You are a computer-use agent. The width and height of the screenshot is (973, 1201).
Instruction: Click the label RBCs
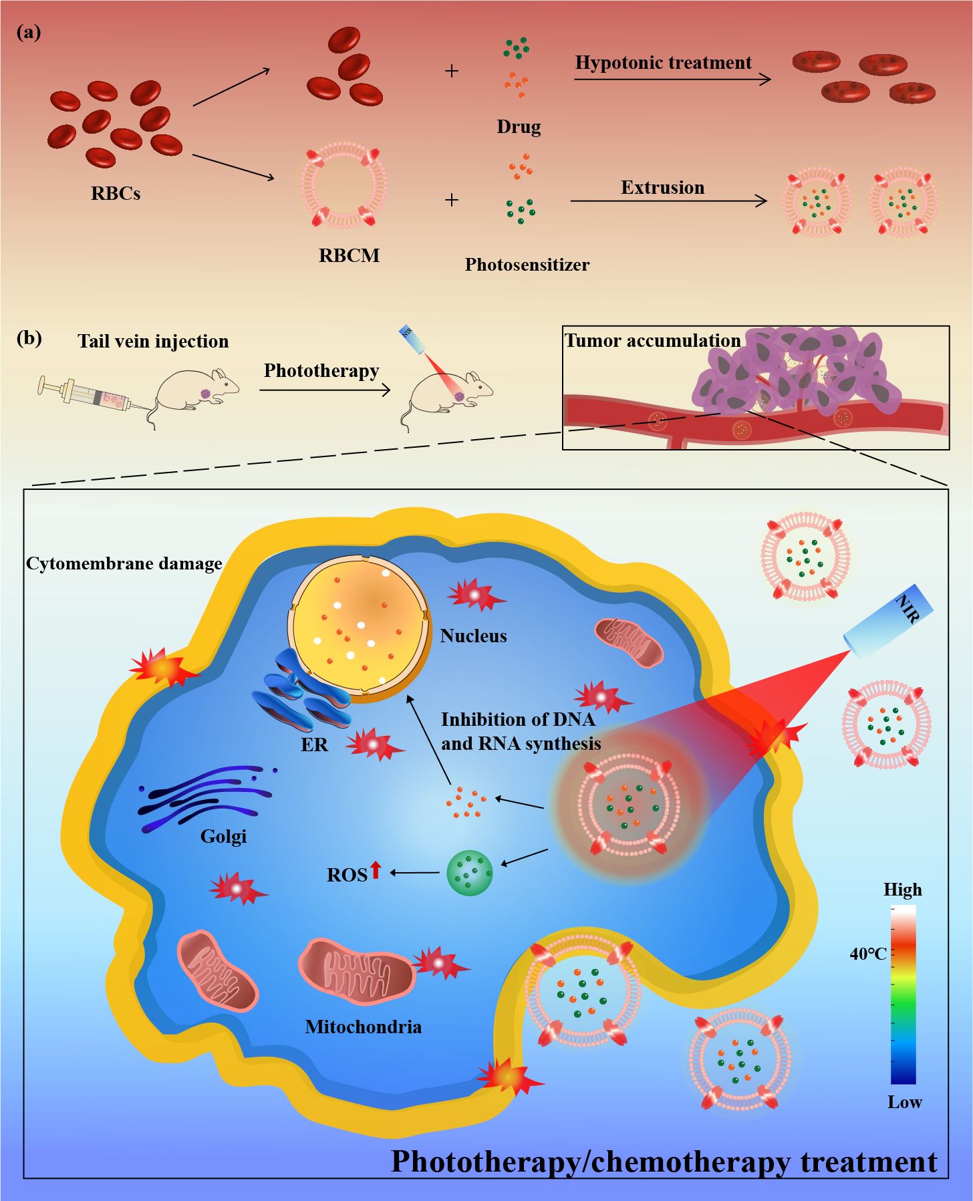pos(116,194)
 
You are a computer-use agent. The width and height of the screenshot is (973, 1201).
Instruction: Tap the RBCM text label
pos(349,255)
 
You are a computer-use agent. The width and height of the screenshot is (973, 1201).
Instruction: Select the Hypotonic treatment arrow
pos(672,80)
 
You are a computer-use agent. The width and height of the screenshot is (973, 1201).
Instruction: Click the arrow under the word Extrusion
pos(668,201)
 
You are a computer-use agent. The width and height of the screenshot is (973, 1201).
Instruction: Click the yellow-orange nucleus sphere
pos(358,628)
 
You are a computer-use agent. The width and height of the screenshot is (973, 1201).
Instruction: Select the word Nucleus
pos(473,636)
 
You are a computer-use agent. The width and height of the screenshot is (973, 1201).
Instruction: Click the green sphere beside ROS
pos(469,873)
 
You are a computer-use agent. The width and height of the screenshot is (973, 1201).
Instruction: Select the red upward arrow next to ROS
pos(376,870)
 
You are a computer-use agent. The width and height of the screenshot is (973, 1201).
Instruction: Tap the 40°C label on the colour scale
pos(867,954)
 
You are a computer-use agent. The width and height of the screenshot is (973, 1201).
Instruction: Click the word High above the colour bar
pos(902,890)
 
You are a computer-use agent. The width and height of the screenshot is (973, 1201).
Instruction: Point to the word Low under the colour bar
pos(904,1102)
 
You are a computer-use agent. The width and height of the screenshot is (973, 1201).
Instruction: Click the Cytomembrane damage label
pos(124,563)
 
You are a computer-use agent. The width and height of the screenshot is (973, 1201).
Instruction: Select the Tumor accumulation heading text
pos(652,341)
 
